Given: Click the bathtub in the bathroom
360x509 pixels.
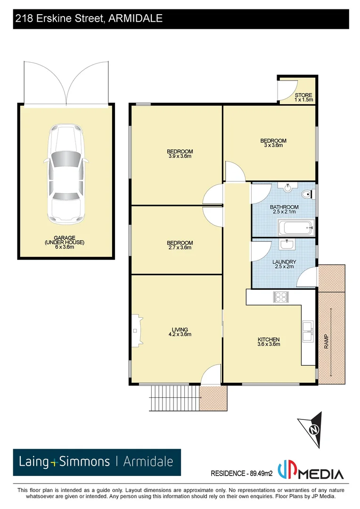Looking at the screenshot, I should (x=296, y=229).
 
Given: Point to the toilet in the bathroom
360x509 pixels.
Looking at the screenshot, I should (x=307, y=193).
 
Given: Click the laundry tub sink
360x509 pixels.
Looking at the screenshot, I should (x=287, y=245).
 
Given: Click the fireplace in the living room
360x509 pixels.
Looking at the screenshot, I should (x=137, y=330).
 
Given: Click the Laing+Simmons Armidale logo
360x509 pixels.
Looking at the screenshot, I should (x=96, y=462).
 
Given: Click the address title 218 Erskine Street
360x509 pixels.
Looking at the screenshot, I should (x=89, y=18).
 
